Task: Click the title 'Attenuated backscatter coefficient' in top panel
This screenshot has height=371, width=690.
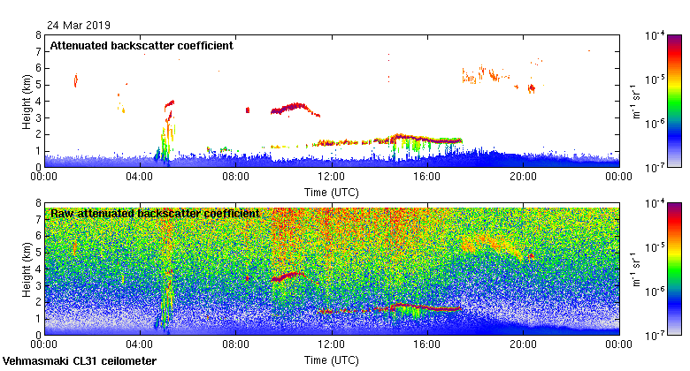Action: point(142,45)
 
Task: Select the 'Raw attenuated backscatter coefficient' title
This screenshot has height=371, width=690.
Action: point(155,213)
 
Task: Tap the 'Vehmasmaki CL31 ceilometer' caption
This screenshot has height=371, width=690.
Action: point(80,361)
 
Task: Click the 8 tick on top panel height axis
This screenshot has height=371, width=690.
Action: point(38,35)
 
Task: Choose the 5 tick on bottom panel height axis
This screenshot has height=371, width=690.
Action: point(38,253)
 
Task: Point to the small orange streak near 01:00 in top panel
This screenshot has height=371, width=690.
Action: point(75,81)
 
